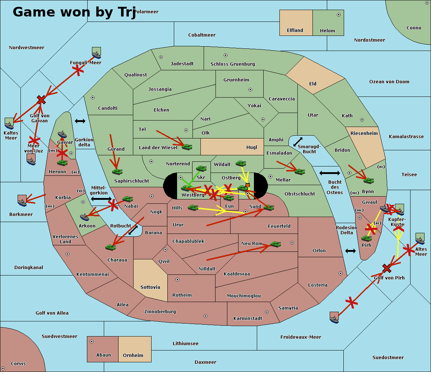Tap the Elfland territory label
tap(295, 30)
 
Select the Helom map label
tap(327, 31)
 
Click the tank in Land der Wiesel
tap(187, 146)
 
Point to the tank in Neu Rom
tap(275, 244)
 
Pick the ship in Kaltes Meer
tap(9, 124)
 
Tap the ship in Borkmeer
tap(22, 201)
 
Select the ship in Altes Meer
tap(420, 239)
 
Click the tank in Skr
tap(201, 168)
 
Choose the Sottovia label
tap(150, 287)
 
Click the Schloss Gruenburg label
tap(232, 64)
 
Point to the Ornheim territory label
tap(133, 355)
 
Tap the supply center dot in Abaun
tap(92, 342)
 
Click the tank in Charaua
tap(111, 247)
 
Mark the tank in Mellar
tap(300, 171)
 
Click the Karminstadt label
tap(248, 319)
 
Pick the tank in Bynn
tap(369, 180)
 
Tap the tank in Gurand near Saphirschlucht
tap(117, 171)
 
